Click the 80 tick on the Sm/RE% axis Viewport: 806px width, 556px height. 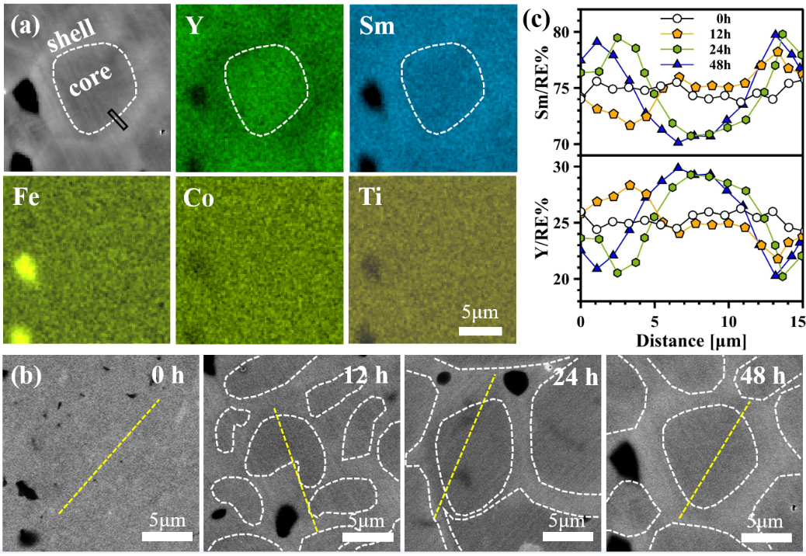[565, 32]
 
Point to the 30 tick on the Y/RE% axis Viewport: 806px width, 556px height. [565, 167]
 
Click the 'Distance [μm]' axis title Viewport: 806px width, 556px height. [692, 339]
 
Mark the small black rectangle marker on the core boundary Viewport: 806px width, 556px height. [118, 119]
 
